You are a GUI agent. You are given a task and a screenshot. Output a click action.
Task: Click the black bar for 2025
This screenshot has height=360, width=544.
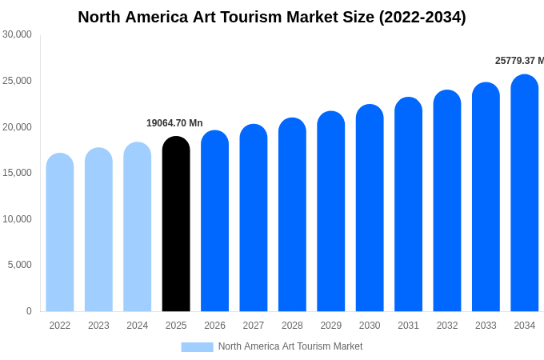coord(176,224)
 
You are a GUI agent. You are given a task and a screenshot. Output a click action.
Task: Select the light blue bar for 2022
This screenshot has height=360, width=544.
coord(60,232)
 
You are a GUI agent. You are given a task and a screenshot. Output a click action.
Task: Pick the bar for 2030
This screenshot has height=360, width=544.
coord(370,208)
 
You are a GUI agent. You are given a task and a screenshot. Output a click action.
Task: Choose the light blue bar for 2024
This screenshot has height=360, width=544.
coord(138,227)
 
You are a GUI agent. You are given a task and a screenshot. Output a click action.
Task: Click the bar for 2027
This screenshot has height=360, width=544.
coord(254,218)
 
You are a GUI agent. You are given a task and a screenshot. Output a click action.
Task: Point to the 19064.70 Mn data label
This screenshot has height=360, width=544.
coord(174,123)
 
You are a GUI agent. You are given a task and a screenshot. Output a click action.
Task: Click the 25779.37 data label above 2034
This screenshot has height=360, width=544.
coord(519,61)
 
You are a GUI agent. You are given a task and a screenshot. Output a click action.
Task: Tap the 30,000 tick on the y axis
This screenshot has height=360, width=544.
coord(17,34)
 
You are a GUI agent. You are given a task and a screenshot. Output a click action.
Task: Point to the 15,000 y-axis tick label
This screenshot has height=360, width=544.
coord(17,173)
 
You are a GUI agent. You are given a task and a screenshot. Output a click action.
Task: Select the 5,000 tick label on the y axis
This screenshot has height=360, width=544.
coord(19,265)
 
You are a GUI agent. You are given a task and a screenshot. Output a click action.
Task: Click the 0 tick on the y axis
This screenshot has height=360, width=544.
coord(29,311)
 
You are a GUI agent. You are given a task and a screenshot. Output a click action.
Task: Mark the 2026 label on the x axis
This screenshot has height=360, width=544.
coord(214,326)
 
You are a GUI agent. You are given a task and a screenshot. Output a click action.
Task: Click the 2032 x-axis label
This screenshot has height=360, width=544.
coord(447,326)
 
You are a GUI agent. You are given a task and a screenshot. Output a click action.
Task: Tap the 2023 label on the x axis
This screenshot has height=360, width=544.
coord(98,326)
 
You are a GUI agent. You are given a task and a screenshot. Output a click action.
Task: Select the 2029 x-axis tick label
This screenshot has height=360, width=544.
coord(331,326)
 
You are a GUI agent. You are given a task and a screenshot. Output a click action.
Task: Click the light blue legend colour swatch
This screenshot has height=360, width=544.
coord(197,347)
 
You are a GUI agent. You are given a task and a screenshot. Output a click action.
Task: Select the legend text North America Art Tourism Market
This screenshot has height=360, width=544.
coord(290,346)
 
